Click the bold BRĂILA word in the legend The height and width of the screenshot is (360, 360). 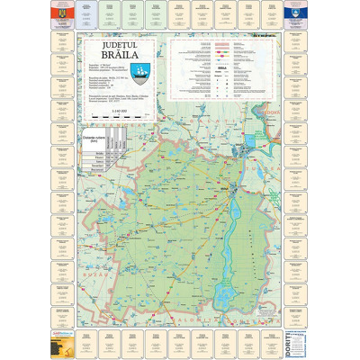point(222,67)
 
